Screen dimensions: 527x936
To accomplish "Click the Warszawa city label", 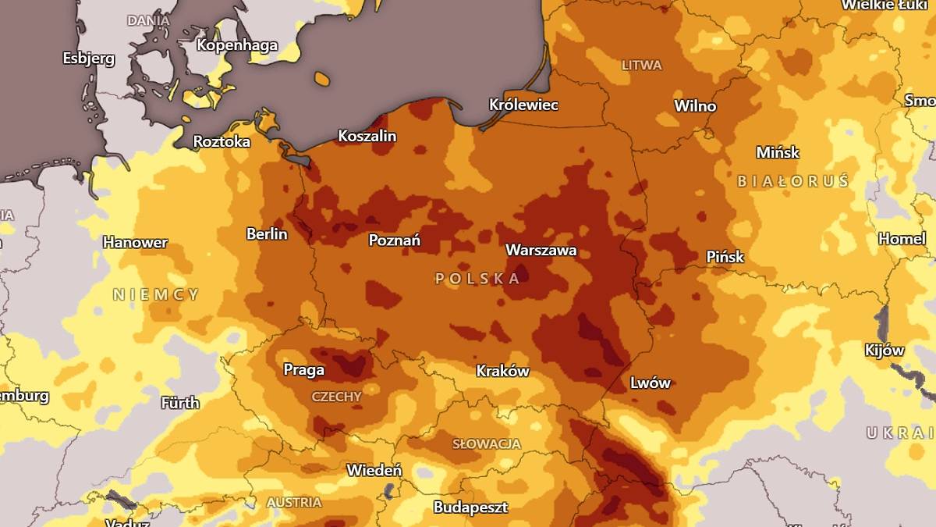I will (541, 251).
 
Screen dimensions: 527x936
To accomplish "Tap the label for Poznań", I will (394, 240).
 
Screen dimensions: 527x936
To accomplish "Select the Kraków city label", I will (502, 372).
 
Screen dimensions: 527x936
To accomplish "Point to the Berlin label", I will (267, 234).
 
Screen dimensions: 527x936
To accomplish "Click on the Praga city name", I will (303, 370).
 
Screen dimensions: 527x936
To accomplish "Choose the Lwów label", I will (650, 383).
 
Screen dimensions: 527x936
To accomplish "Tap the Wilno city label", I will (695, 106).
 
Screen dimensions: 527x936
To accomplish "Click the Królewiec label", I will (523, 105).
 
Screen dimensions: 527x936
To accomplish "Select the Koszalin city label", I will (367, 137).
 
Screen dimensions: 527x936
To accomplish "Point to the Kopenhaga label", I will (236, 45).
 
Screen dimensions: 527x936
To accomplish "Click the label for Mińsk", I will (778, 153).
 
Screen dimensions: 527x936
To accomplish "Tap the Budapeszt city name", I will (470, 507).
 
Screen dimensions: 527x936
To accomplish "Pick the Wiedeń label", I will (374, 471).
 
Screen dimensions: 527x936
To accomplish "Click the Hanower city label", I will (135, 243).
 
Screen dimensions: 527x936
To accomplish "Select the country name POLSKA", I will (477, 279).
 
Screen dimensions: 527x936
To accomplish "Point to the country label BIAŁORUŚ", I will (792, 181).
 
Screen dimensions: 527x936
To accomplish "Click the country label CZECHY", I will (336, 397).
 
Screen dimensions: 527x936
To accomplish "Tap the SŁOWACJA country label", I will (487, 444).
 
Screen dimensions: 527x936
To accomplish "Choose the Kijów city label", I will (885, 351).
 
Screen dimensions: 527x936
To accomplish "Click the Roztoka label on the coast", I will (222, 142).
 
